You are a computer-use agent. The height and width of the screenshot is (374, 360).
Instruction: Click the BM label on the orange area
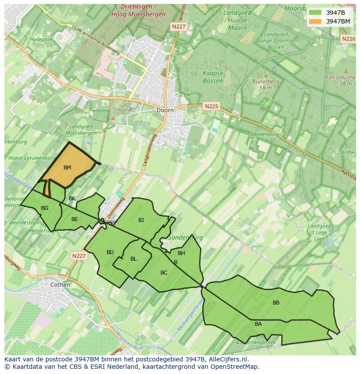click(67, 168)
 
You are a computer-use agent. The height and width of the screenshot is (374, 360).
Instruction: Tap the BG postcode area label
click(44, 208)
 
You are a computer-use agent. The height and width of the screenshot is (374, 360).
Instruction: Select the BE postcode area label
click(74, 219)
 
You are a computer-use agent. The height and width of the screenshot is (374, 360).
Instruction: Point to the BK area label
click(72, 199)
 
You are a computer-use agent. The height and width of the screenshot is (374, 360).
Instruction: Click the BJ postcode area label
click(141, 220)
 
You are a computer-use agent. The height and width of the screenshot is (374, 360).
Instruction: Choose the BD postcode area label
click(110, 252)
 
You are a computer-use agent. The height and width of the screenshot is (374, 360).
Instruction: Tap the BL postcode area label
click(133, 259)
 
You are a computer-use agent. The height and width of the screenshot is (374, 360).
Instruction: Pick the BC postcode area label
click(164, 273)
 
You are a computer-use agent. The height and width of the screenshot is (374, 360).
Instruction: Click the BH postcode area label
click(181, 253)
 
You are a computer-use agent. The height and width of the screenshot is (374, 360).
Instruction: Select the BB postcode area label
click(276, 303)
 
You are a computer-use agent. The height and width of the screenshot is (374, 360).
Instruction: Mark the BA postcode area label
click(258, 324)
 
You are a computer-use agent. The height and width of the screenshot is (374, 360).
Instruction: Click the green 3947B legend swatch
click(315, 12)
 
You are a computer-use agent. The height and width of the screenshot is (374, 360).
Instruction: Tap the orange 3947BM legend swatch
click(315, 21)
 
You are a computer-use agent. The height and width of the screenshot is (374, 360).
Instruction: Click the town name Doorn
click(165, 110)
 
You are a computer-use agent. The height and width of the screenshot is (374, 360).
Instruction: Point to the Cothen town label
click(60, 285)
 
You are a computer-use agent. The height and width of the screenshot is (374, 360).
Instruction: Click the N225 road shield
click(212, 106)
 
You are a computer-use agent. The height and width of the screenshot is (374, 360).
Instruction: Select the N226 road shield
click(349, 39)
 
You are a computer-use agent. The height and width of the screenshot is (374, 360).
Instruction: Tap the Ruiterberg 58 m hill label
click(266, 84)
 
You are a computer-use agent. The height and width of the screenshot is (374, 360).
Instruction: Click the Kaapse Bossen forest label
click(213, 77)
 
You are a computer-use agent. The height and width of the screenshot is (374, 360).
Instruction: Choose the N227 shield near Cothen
click(79, 256)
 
